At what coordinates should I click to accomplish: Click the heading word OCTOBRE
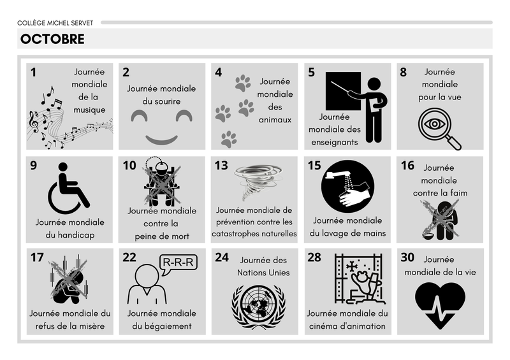(x=52, y=39)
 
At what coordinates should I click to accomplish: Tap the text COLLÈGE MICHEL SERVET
(x=55, y=23)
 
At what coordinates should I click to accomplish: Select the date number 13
(x=221, y=166)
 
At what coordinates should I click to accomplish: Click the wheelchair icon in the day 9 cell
(x=69, y=189)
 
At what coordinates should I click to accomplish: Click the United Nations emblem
(x=258, y=306)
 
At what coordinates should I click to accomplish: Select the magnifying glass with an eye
(x=439, y=128)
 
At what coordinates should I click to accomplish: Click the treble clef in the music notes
(x=34, y=122)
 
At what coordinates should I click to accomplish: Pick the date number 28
(x=314, y=257)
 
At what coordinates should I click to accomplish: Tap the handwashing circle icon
(x=347, y=186)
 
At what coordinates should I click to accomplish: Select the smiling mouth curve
(x=162, y=140)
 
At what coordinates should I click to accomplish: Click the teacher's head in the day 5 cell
(x=374, y=84)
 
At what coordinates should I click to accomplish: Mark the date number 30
(x=407, y=257)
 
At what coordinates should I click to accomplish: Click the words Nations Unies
(x=263, y=273)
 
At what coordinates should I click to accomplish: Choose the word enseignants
(x=334, y=143)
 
